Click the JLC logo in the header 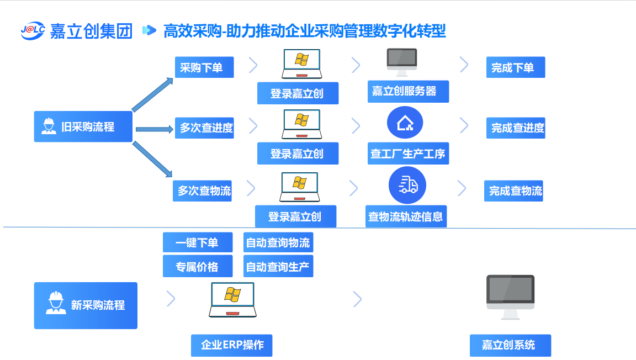[33, 31]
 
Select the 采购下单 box [204, 67]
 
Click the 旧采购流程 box [83, 126]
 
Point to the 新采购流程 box [86, 305]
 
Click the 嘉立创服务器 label [408, 91]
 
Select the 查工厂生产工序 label [408, 153]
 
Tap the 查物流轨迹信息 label [406, 216]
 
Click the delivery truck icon [407, 185]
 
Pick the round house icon [405, 123]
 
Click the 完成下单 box [516, 67]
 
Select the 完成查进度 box [516, 128]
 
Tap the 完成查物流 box [513, 191]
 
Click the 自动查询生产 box [278, 267]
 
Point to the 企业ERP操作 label [232, 345]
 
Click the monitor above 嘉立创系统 [510, 297]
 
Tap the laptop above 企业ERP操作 [232, 300]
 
